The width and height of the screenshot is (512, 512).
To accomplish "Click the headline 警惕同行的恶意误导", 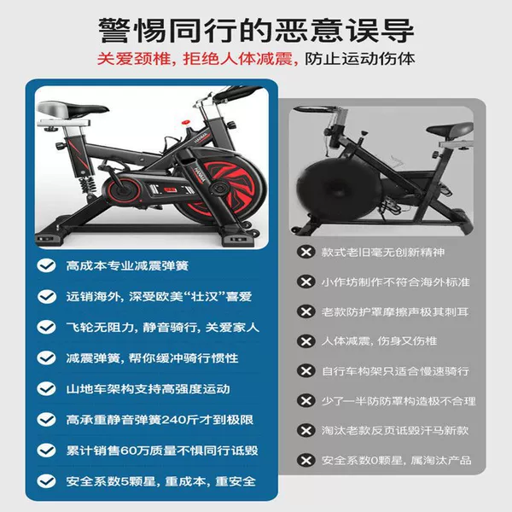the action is pos(256,31).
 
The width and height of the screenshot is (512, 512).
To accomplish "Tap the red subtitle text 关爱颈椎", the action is pos(134,59).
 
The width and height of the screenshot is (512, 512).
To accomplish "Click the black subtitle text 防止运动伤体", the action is pos(360,59).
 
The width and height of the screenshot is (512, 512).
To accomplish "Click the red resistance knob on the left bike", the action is pos(185,122).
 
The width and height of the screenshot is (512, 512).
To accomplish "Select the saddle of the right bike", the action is pos(450,130).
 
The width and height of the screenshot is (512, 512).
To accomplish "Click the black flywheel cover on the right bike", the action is pos(329,189).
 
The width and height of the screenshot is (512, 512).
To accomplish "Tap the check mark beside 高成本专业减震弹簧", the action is pos(47,265).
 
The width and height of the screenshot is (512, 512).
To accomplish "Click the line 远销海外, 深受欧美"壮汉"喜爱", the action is pos(159,296).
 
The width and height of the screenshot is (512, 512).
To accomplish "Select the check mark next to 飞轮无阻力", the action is pos(47,327).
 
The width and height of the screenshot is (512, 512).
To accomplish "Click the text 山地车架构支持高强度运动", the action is pos(148,389).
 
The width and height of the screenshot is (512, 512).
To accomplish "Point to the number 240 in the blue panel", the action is pos(176,420).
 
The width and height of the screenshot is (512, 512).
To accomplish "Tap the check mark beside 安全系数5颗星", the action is pos(47,481).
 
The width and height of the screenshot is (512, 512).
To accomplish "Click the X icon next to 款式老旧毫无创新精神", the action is pos(306,252).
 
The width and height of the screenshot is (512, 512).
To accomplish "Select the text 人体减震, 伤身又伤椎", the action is pos(379,341).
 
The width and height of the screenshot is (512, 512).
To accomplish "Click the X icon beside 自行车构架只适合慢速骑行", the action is pos(306,371).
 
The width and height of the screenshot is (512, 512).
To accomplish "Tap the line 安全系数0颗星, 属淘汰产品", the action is pos(397,461).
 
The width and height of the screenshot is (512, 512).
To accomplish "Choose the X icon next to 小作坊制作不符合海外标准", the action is pos(306,282).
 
